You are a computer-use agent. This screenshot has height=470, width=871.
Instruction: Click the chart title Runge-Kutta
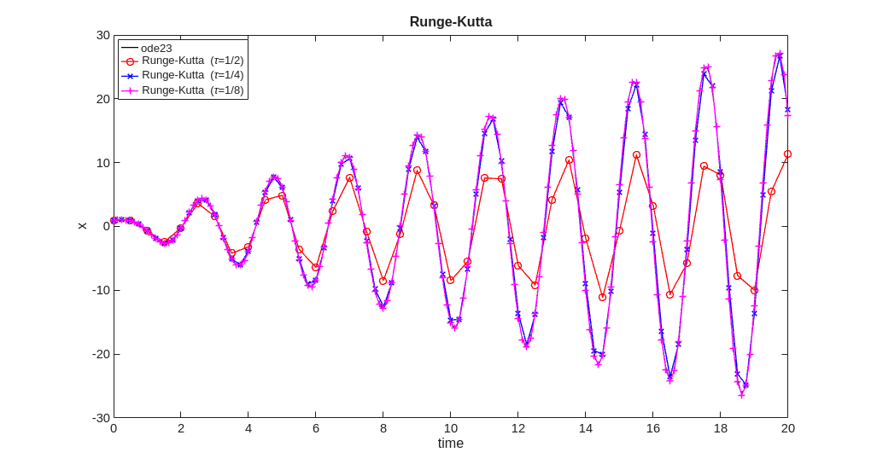click(x=450, y=22)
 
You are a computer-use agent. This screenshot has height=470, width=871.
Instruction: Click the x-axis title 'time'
click(x=450, y=444)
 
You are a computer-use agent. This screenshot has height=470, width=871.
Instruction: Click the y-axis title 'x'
click(x=82, y=226)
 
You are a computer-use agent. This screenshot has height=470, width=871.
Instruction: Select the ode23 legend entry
click(x=156, y=48)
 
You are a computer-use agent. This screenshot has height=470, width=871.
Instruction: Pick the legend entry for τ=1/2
click(x=192, y=61)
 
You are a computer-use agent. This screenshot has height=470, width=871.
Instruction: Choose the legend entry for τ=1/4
click(x=192, y=75)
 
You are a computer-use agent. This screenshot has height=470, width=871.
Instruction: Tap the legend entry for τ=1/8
click(x=192, y=90)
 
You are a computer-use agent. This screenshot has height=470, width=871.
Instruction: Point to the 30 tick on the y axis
click(x=102, y=35)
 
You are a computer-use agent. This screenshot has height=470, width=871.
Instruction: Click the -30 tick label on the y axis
click(x=101, y=418)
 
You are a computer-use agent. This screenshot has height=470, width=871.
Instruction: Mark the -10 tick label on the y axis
click(x=101, y=290)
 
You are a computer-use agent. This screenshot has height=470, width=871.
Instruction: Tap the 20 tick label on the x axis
click(x=787, y=428)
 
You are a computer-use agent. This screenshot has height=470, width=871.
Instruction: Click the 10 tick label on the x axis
click(x=450, y=428)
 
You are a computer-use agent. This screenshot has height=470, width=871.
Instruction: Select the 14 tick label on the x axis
click(x=585, y=428)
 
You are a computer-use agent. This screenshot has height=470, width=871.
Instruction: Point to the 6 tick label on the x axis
click(x=316, y=428)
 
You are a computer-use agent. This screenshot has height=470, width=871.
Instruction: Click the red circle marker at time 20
click(x=787, y=154)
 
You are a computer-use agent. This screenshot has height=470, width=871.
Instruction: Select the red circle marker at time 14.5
click(x=602, y=297)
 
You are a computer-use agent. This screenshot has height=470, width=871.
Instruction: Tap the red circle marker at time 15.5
click(x=636, y=155)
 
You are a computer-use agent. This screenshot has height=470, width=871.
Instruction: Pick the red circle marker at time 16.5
click(x=669, y=294)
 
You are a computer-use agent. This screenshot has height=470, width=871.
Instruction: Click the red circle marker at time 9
click(x=417, y=171)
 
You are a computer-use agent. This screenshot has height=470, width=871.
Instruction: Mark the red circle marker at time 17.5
click(x=704, y=166)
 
